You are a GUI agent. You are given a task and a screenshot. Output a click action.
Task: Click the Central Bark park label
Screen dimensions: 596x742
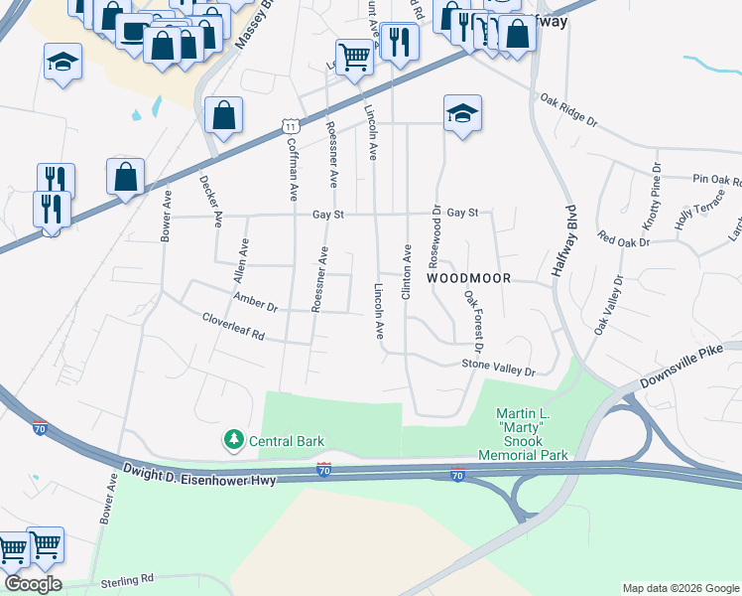pyautogui.click(x=277, y=439)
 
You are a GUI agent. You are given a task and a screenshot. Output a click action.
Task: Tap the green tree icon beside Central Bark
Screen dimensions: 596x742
pyautogui.click(x=234, y=439)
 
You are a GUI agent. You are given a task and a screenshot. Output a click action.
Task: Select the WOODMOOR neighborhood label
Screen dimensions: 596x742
pyautogui.click(x=469, y=279)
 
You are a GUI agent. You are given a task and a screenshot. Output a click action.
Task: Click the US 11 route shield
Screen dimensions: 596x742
pyautogui.click(x=290, y=126)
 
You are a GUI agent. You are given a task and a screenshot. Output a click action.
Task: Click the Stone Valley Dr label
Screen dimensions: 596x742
pyautogui.click(x=498, y=369)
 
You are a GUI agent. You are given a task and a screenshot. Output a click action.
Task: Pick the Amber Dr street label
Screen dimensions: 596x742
pyautogui.click(x=255, y=301)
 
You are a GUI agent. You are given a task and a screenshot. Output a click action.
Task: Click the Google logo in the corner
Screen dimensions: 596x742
pyautogui.click(x=32, y=584)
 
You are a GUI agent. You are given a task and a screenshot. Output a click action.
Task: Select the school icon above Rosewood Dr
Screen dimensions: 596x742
pyautogui.click(x=462, y=114)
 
